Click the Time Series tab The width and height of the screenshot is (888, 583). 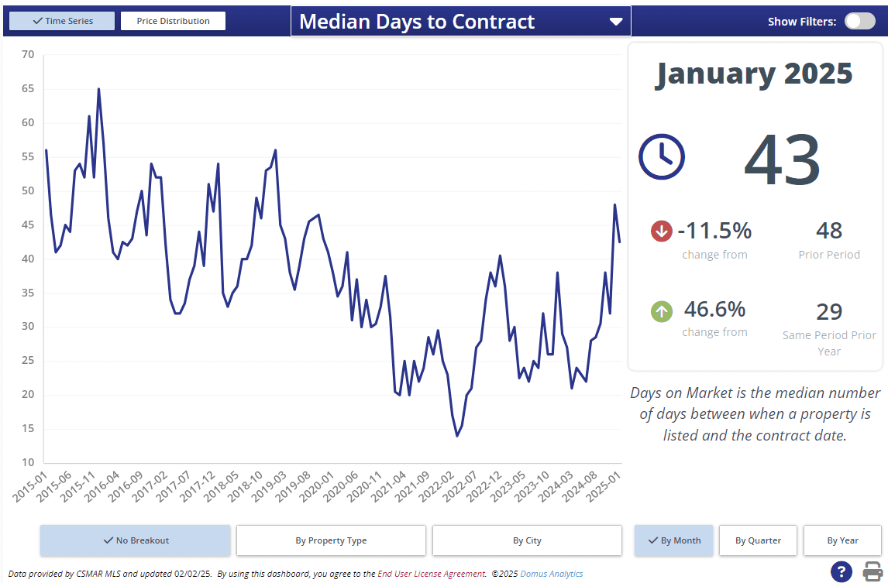point(62,21)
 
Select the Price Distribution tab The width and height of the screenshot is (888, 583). point(173,21)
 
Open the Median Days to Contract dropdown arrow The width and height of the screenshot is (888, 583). point(616,22)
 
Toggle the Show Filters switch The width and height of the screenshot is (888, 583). point(859,21)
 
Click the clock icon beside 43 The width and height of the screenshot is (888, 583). point(661,157)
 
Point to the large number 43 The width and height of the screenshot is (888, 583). point(782,159)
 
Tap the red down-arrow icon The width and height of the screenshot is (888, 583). point(661,231)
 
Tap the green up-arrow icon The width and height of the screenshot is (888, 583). point(661,311)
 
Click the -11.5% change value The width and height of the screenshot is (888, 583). point(714,231)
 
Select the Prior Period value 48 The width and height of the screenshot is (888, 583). point(829,231)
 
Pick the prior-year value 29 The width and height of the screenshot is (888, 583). point(829,311)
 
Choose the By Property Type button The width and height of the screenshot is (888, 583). point(331,540)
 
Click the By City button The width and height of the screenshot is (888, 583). point(527,540)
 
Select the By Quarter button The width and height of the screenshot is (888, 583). point(758,540)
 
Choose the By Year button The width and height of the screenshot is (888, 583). point(842,540)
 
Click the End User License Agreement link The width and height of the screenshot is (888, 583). point(431,574)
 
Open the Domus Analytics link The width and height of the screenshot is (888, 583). point(551,574)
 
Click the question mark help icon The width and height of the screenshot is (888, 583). point(842,571)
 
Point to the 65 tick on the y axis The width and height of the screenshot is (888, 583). point(28,89)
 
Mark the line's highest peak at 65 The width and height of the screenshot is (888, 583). point(98,89)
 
